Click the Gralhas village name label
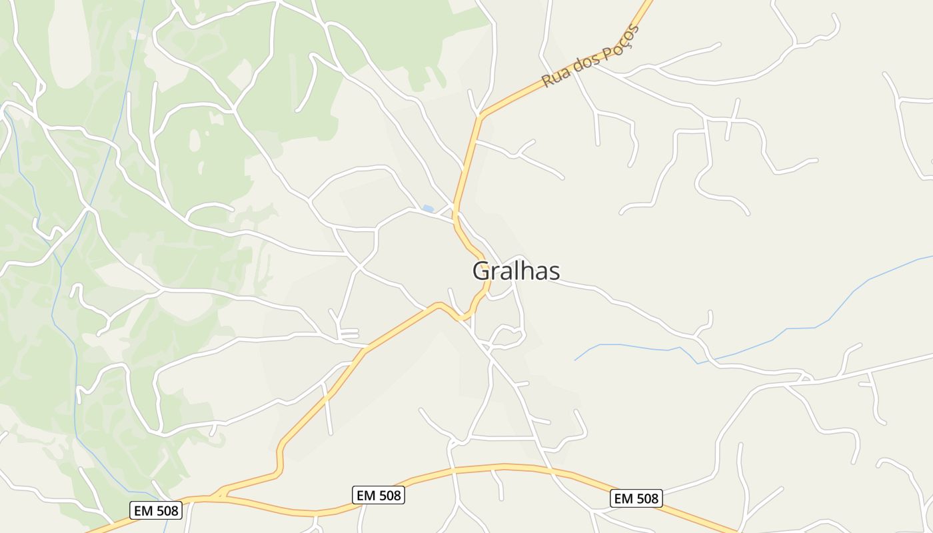coord(516,271)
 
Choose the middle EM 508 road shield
coord(379,495)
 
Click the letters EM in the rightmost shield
coord(623,498)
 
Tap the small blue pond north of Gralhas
coord(428,209)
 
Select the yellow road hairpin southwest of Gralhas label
coord(460,317)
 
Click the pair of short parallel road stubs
coord(349,334)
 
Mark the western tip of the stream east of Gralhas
coord(575,360)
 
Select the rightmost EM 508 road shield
coord(636,498)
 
